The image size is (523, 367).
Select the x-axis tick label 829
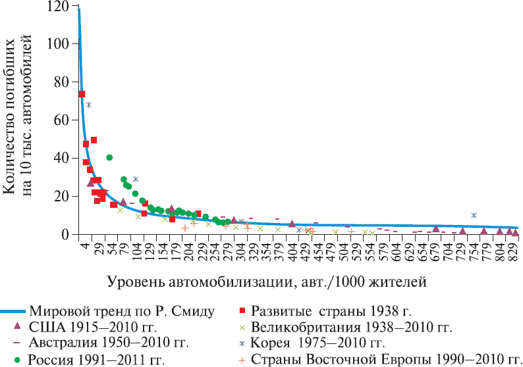pos(513,250)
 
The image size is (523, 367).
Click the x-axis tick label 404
pos(292,250)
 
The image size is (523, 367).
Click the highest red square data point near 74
pos(82,94)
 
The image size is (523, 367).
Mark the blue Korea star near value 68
pos(88,105)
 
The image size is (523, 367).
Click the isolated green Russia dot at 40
pos(109,157)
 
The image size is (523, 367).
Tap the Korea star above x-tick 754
pos(474,215)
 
